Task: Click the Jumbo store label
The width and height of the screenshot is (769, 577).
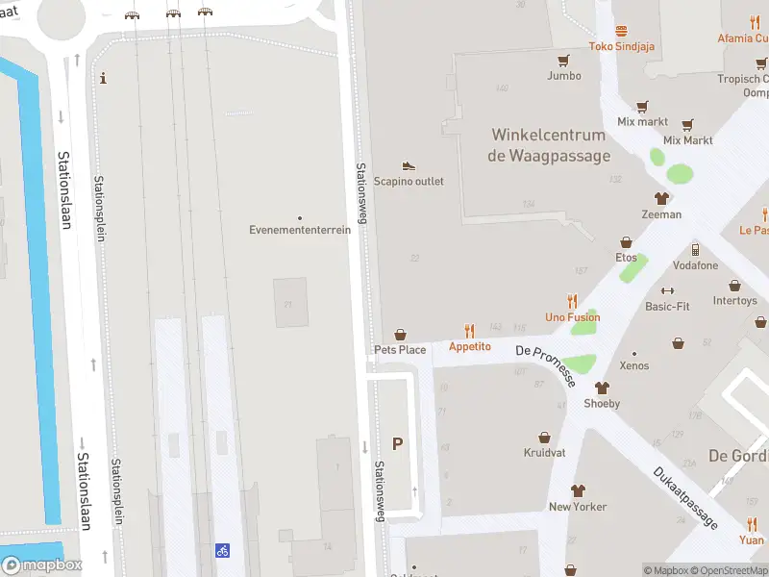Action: tap(564, 76)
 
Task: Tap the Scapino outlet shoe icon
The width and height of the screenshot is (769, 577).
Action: tap(409, 166)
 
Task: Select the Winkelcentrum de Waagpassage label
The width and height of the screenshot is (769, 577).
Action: tap(549, 145)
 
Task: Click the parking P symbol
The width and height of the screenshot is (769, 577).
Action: tap(398, 443)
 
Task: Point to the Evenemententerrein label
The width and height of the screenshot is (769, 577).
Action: tap(300, 230)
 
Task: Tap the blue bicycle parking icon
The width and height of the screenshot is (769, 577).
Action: tap(222, 551)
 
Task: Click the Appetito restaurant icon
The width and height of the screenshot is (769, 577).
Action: tap(470, 330)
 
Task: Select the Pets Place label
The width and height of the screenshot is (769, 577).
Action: tap(400, 350)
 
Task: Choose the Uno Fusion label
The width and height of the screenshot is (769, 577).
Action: tap(573, 317)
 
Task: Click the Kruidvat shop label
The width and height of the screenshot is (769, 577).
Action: tap(544, 452)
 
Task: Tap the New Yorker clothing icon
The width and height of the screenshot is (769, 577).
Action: tap(578, 490)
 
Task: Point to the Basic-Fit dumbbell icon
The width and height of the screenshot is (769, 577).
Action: tap(667, 290)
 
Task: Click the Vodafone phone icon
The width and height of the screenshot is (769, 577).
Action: tap(695, 250)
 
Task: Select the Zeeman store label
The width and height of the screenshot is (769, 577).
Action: tap(661, 214)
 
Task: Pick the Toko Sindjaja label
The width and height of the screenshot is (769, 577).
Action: tap(622, 46)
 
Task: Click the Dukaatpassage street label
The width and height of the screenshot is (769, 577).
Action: tap(685, 497)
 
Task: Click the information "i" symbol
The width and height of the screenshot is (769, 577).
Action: tap(103, 78)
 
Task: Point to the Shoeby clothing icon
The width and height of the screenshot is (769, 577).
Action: tap(603, 389)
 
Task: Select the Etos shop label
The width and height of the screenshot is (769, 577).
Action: tap(626, 258)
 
